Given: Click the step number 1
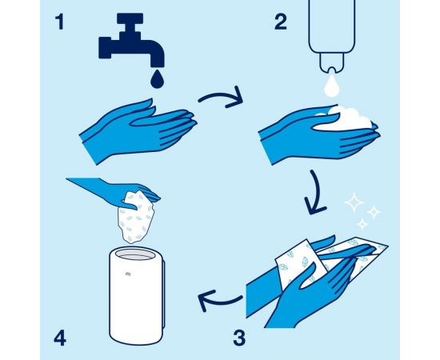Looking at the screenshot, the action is coord(59,22).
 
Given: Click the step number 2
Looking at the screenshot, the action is coord(281,22).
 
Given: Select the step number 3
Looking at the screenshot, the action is coord(239,338).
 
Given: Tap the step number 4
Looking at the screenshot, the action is coord(60,338).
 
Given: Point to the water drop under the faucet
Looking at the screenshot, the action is coord(157,78).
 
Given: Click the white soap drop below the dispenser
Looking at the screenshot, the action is coord(332,85).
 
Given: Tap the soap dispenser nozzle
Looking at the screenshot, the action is coord(332,63).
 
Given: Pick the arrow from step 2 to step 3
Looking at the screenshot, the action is coord(317,194).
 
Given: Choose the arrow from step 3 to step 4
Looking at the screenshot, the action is coord(219,301).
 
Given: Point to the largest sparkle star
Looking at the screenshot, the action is coord(354,202).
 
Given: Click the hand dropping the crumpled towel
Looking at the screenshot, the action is coord(118,192).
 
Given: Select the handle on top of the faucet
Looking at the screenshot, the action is coord(130,18).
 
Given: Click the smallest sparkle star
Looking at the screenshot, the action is coord(362,224).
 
